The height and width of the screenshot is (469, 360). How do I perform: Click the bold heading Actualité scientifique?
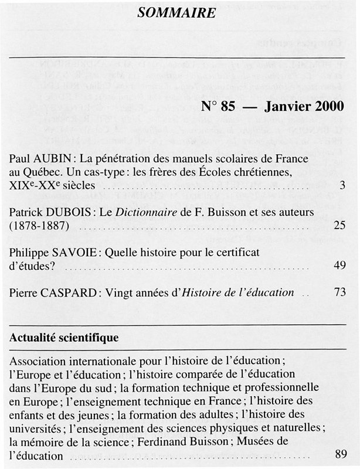coord(64,338)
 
